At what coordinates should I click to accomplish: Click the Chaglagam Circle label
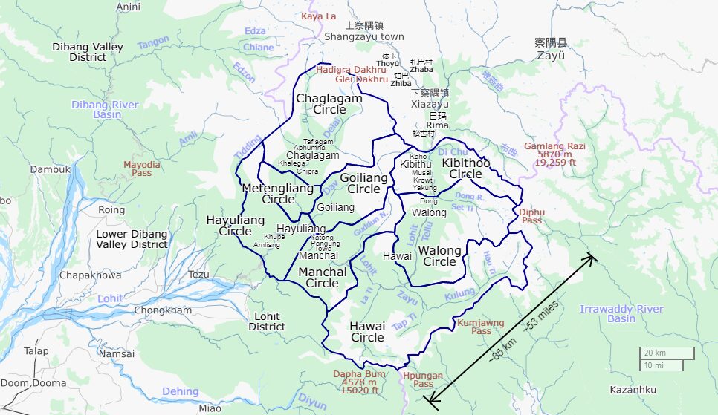click(329, 104)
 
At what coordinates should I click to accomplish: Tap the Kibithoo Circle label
click(466, 169)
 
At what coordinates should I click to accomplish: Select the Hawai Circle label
click(367, 332)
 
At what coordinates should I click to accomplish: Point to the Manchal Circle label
click(322, 278)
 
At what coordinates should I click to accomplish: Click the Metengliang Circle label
click(278, 194)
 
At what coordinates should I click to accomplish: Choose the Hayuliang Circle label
click(235, 226)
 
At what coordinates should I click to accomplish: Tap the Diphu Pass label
click(531, 216)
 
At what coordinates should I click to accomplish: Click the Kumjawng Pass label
click(481, 327)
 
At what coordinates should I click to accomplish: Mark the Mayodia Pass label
click(142, 169)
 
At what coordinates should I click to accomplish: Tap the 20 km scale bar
click(667, 353)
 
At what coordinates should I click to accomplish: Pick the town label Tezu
click(199, 274)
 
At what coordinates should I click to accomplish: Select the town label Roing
click(112, 210)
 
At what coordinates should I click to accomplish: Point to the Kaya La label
click(318, 16)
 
